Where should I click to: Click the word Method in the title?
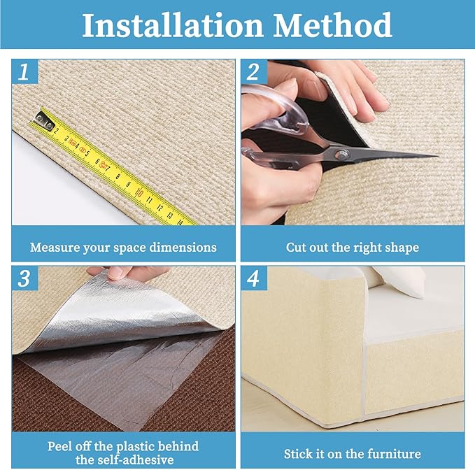[x=332, y=26]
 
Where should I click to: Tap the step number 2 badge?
[x=253, y=72]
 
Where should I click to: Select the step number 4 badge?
[x=253, y=278]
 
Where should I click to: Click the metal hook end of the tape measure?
[x=46, y=123]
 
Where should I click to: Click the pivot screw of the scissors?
[x=340, y=153]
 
